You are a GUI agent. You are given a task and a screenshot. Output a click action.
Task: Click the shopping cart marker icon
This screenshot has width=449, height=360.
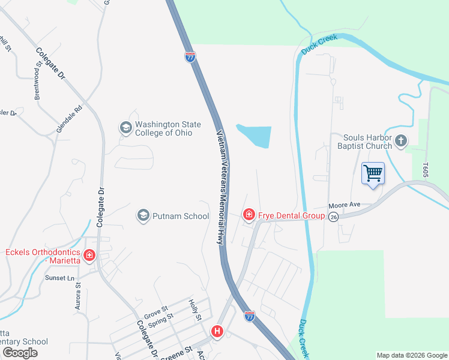(373, 173)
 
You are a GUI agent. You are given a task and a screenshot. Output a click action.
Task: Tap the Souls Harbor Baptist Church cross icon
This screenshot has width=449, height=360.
(401, 142)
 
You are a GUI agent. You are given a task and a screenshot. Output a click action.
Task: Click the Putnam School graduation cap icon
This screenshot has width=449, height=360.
(143, 215)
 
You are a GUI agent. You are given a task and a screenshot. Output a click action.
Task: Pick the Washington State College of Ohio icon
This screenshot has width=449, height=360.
(125, 127)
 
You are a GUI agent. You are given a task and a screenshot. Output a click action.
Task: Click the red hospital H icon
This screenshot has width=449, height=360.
(217, 331)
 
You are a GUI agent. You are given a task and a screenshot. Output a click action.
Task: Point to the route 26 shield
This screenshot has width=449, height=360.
(334, 216)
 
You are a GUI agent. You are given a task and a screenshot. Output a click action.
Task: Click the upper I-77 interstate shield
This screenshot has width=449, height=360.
(190, 57)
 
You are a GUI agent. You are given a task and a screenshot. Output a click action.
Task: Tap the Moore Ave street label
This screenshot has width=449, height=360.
(344, 205)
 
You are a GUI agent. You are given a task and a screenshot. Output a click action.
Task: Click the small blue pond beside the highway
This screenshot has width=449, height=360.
(257, 136)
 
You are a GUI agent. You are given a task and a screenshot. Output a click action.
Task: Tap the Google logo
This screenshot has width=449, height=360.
(20, 353)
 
